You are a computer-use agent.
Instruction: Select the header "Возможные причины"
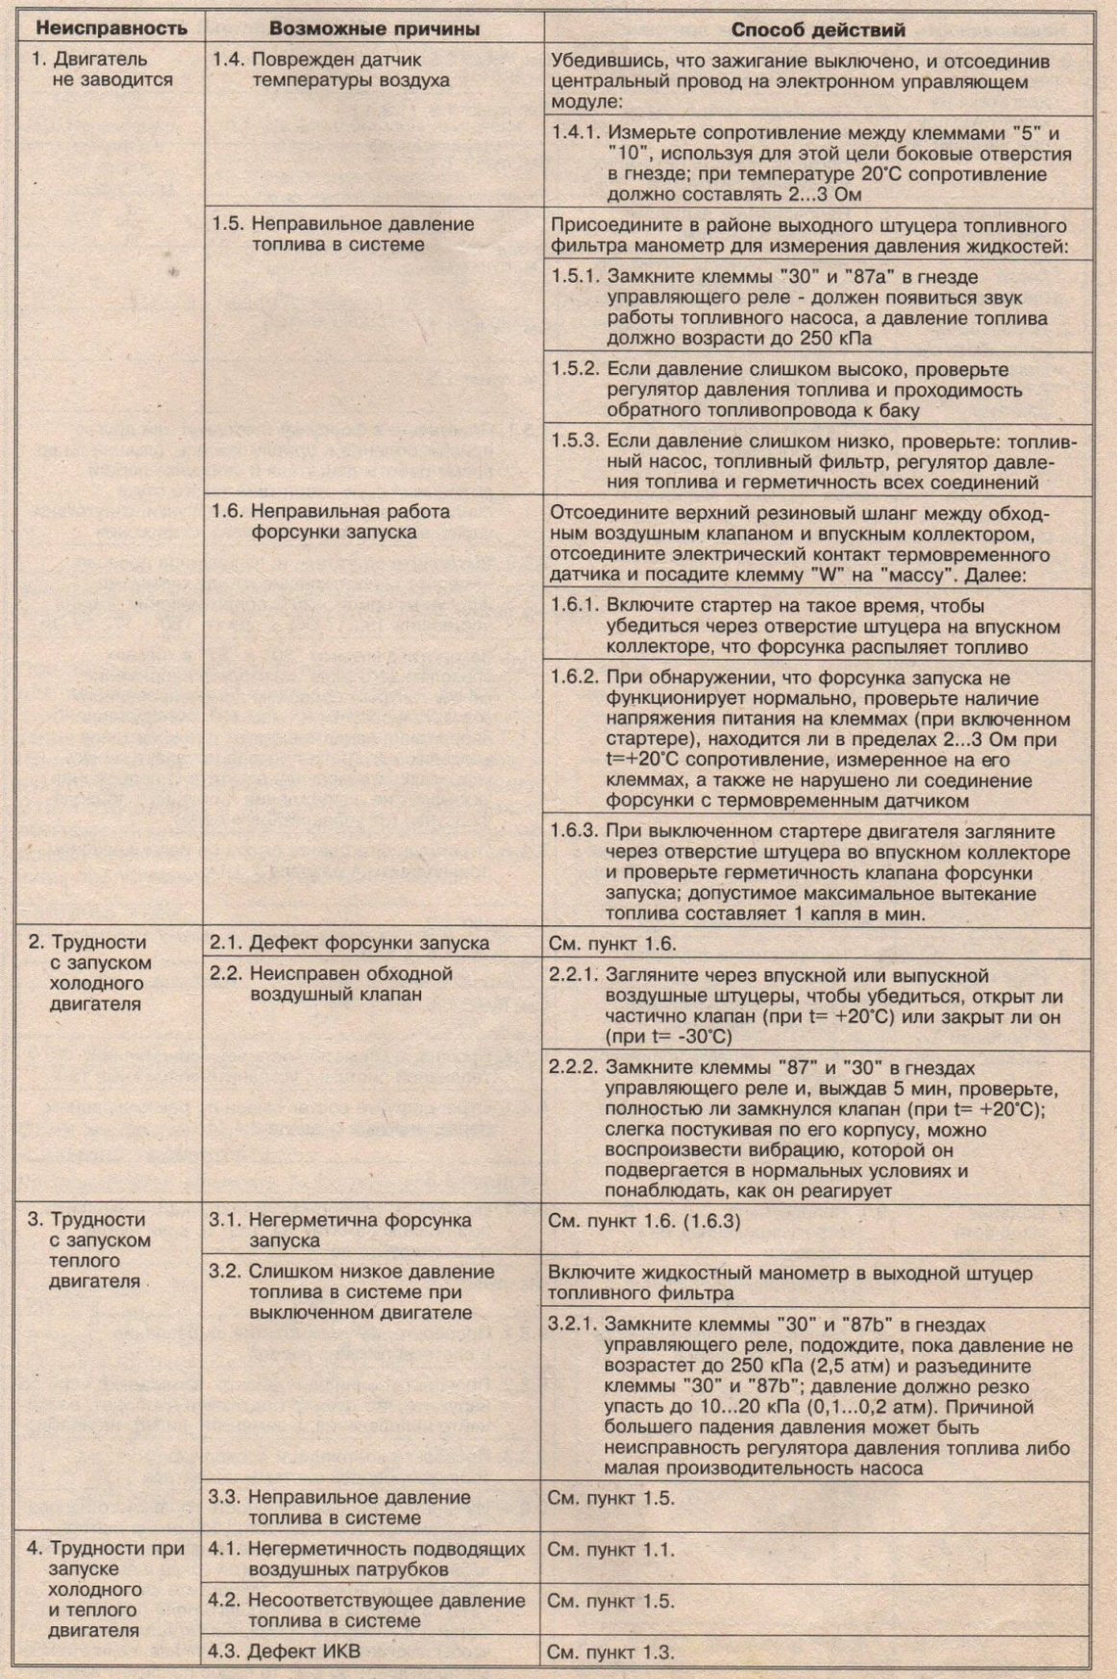[374, 29]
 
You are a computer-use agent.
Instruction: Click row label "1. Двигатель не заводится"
[101, 70]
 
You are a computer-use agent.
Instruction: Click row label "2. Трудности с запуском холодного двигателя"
[96, 973]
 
